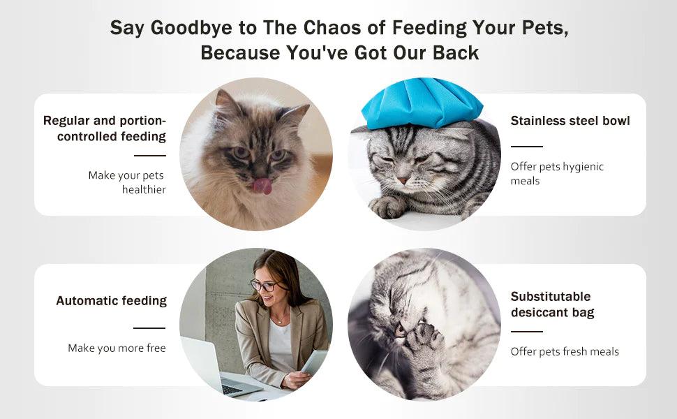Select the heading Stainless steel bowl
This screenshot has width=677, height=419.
570,121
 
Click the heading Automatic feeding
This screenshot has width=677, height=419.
112,301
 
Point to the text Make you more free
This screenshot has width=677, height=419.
117,348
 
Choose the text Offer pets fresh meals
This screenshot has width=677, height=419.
565,352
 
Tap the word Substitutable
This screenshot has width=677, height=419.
551,296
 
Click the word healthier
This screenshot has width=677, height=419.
144,190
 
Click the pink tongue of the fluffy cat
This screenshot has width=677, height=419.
262,186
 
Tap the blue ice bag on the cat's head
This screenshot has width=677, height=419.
422,103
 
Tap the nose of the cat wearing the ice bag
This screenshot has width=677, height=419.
403,180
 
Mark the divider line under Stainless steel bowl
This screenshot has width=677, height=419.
527,147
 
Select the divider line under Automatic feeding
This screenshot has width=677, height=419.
149,328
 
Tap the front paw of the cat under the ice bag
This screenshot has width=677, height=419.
388,207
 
